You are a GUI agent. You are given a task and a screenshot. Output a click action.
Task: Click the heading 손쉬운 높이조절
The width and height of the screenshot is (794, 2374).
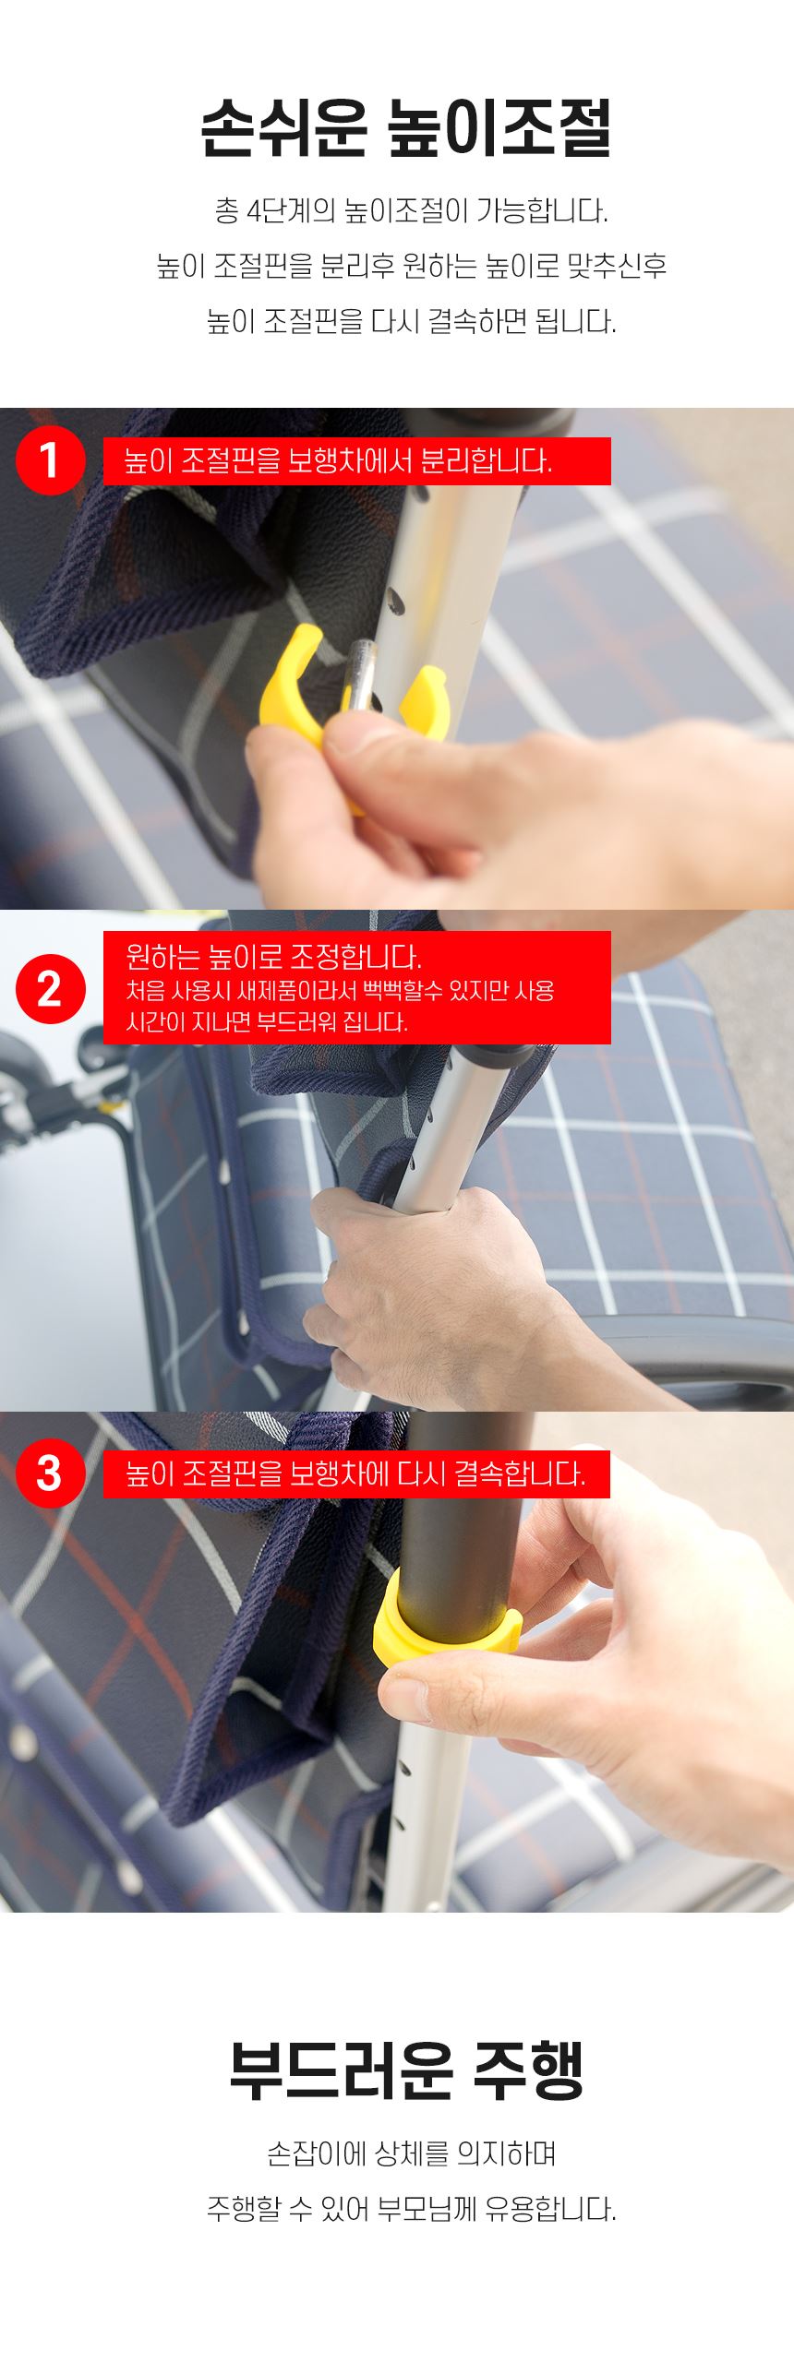[405, 129]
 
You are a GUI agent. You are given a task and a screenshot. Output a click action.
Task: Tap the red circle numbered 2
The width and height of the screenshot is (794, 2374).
[50, 988]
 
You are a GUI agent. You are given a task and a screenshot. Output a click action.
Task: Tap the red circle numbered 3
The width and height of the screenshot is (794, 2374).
[50, 1473]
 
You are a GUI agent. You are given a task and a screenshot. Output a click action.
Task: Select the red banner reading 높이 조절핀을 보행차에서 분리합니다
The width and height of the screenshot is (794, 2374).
[356, 460]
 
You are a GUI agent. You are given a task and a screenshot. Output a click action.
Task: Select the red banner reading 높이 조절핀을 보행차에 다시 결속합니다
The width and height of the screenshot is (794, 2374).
[356, 1473]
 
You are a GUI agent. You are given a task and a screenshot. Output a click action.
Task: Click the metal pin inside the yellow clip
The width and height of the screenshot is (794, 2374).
[360, 678]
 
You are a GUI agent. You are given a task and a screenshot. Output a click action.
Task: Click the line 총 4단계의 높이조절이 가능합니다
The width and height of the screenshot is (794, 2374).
[411, 211]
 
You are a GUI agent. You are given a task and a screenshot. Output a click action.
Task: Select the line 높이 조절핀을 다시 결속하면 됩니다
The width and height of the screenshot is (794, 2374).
[411, 321]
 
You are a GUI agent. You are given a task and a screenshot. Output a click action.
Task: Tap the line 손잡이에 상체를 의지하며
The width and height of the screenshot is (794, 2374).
[411, 2155]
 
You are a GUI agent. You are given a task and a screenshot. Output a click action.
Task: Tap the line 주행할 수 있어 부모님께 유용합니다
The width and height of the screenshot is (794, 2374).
[411, 2210]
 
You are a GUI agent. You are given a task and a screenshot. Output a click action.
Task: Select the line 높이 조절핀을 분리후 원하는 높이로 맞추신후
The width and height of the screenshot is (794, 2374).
[411, 266]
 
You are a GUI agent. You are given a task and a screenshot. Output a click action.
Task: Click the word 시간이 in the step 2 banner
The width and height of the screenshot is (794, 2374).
[151, 1022]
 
